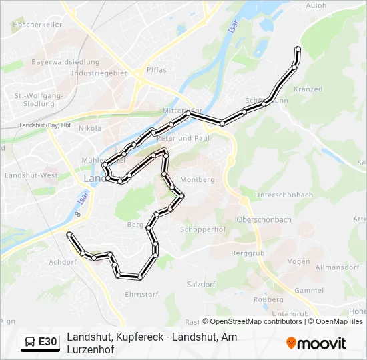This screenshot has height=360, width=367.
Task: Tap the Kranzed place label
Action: [308, 89]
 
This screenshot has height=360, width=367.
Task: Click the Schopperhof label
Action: [204, 229]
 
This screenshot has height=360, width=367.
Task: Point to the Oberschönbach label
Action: [264, 219]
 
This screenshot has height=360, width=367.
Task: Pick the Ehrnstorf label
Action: [141, 294]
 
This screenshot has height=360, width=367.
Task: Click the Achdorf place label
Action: [63, 263]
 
